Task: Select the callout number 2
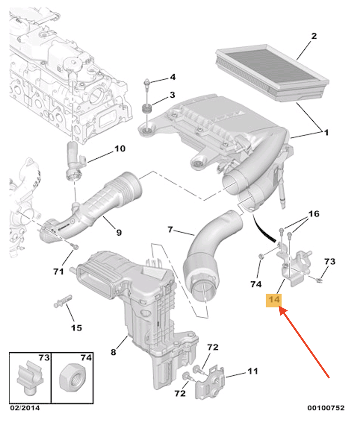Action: (x=314, y=36)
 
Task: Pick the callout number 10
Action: (x=120, y=149)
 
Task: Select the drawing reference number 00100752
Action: (x=326, y=408)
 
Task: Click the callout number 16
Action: (x=313, y=214)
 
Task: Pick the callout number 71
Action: (x=58, y=272)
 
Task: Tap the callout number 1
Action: (x=326, y=132)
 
